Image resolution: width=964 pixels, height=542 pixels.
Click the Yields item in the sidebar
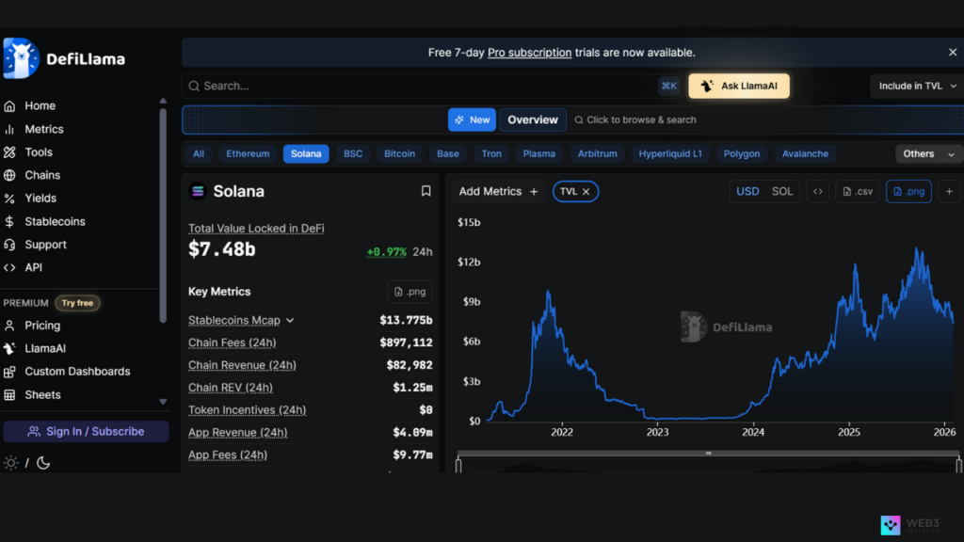(x=40, y=199)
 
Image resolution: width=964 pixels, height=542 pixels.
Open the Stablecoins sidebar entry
(x=55, y=222)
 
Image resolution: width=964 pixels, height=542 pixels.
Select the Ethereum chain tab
(x=248, y=153)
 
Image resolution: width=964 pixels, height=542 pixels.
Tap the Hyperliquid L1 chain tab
(x=670, y=153)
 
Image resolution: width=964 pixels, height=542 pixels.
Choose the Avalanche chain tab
(x=805, y=153)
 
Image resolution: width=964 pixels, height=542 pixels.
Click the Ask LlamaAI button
(x=739, y=86)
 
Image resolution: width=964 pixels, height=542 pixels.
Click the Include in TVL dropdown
(x=916, y=86)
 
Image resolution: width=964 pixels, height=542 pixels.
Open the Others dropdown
(x=928, y=153)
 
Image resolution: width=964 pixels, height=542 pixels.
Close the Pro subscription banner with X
(x=953, y=53)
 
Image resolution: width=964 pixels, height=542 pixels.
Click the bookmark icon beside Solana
(x=426, y=191)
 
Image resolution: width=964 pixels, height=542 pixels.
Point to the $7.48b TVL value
(x=222, y=249)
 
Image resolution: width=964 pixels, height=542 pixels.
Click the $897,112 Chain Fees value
(x=406, y=343)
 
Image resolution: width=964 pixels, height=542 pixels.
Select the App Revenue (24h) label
(x=237, y=433)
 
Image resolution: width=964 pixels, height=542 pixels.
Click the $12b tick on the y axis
(x=469, y=262)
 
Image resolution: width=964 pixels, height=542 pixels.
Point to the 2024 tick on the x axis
(x=753, y=433)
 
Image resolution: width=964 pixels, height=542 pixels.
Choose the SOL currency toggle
(x=782, y=191)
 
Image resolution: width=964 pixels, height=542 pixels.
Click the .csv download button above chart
(x=857, y=191)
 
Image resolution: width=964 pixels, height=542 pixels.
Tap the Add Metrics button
(x=498, y=191)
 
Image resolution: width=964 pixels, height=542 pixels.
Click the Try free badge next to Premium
(x=77, y=303)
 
